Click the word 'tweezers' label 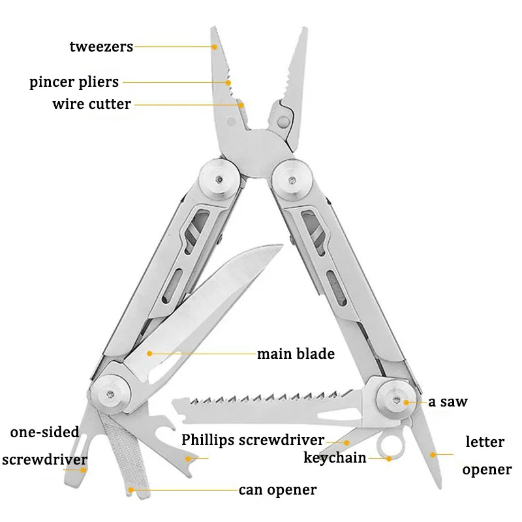point(101,46)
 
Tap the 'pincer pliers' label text point(74,82)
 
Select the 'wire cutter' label point(91,104)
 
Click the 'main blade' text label point(296,354)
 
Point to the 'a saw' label point(448,401)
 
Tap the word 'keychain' point(335,457)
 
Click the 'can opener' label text point(277,489)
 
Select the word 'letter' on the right point(485,442)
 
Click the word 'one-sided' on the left point(45,432)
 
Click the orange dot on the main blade point(149,354)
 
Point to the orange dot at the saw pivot point(407,402)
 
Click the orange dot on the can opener point(131,489)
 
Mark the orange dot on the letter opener point(431,453)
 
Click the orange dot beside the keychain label point(389,459)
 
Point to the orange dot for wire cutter point(240,104)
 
